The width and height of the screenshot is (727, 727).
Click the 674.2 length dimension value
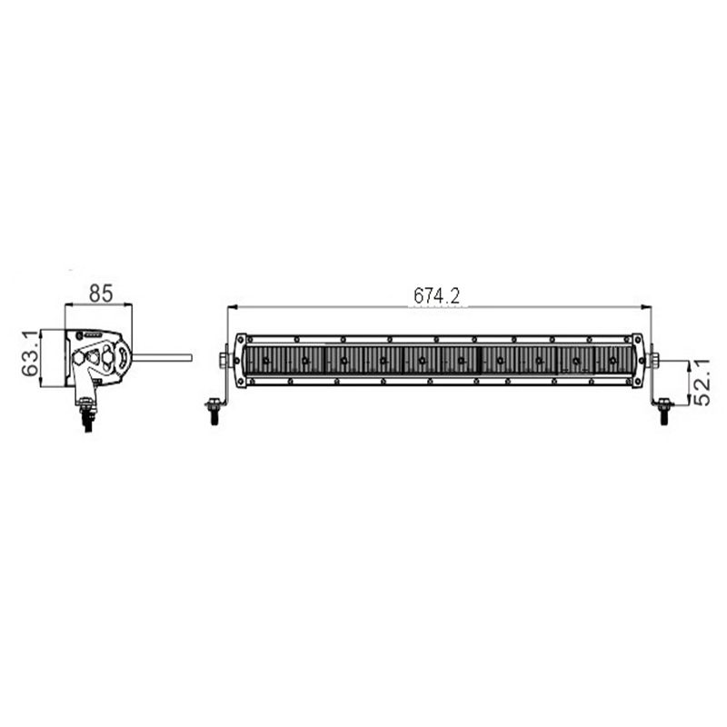click(x=438, y=296)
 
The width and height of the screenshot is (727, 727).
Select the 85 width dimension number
click(x=100, y=293)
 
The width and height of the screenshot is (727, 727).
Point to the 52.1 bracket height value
click(x=701, y=382)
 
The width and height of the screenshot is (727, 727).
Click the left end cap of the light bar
click(x=240, y=360)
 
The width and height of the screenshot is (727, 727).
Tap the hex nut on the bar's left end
click(x=224, y=360)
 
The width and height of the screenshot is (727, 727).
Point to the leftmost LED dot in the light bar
click(x=265, y=361)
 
